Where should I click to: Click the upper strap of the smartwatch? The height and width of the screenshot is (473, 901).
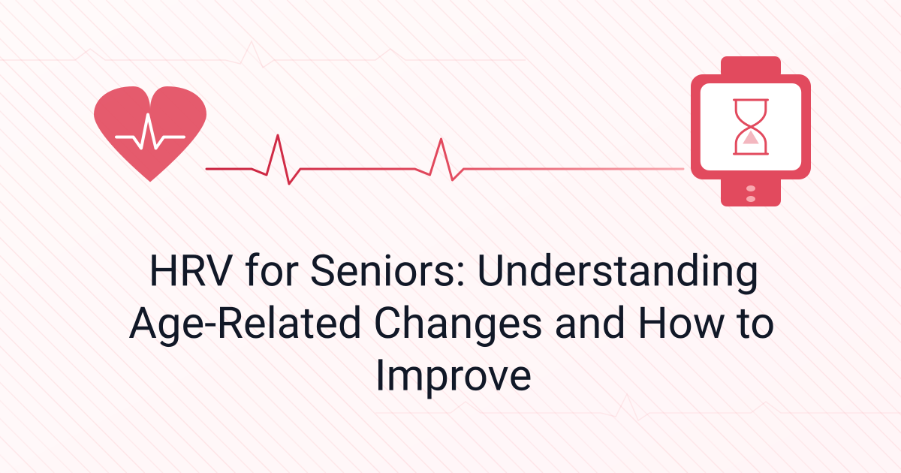[x=750, y=66]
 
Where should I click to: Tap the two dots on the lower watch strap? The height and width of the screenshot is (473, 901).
[x=750, y=192]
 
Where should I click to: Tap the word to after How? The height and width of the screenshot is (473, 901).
[x=753, y=326]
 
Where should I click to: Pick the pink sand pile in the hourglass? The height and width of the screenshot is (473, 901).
[x=750, y=138]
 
